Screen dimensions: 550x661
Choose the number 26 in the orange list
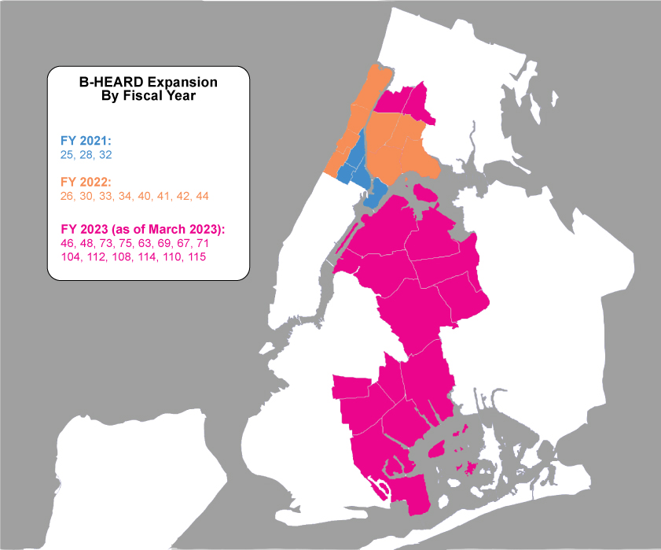coord(68,195)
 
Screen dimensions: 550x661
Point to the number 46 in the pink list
coord(68,242)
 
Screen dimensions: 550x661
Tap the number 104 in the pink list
coord(72,257)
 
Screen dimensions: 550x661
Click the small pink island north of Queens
coord(426,192)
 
